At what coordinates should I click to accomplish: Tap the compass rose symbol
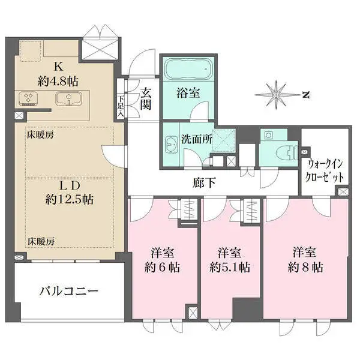[x=277, y=95]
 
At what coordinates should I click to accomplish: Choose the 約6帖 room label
[x=162, y=267]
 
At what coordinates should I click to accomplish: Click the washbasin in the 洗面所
[x=170, y=144]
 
